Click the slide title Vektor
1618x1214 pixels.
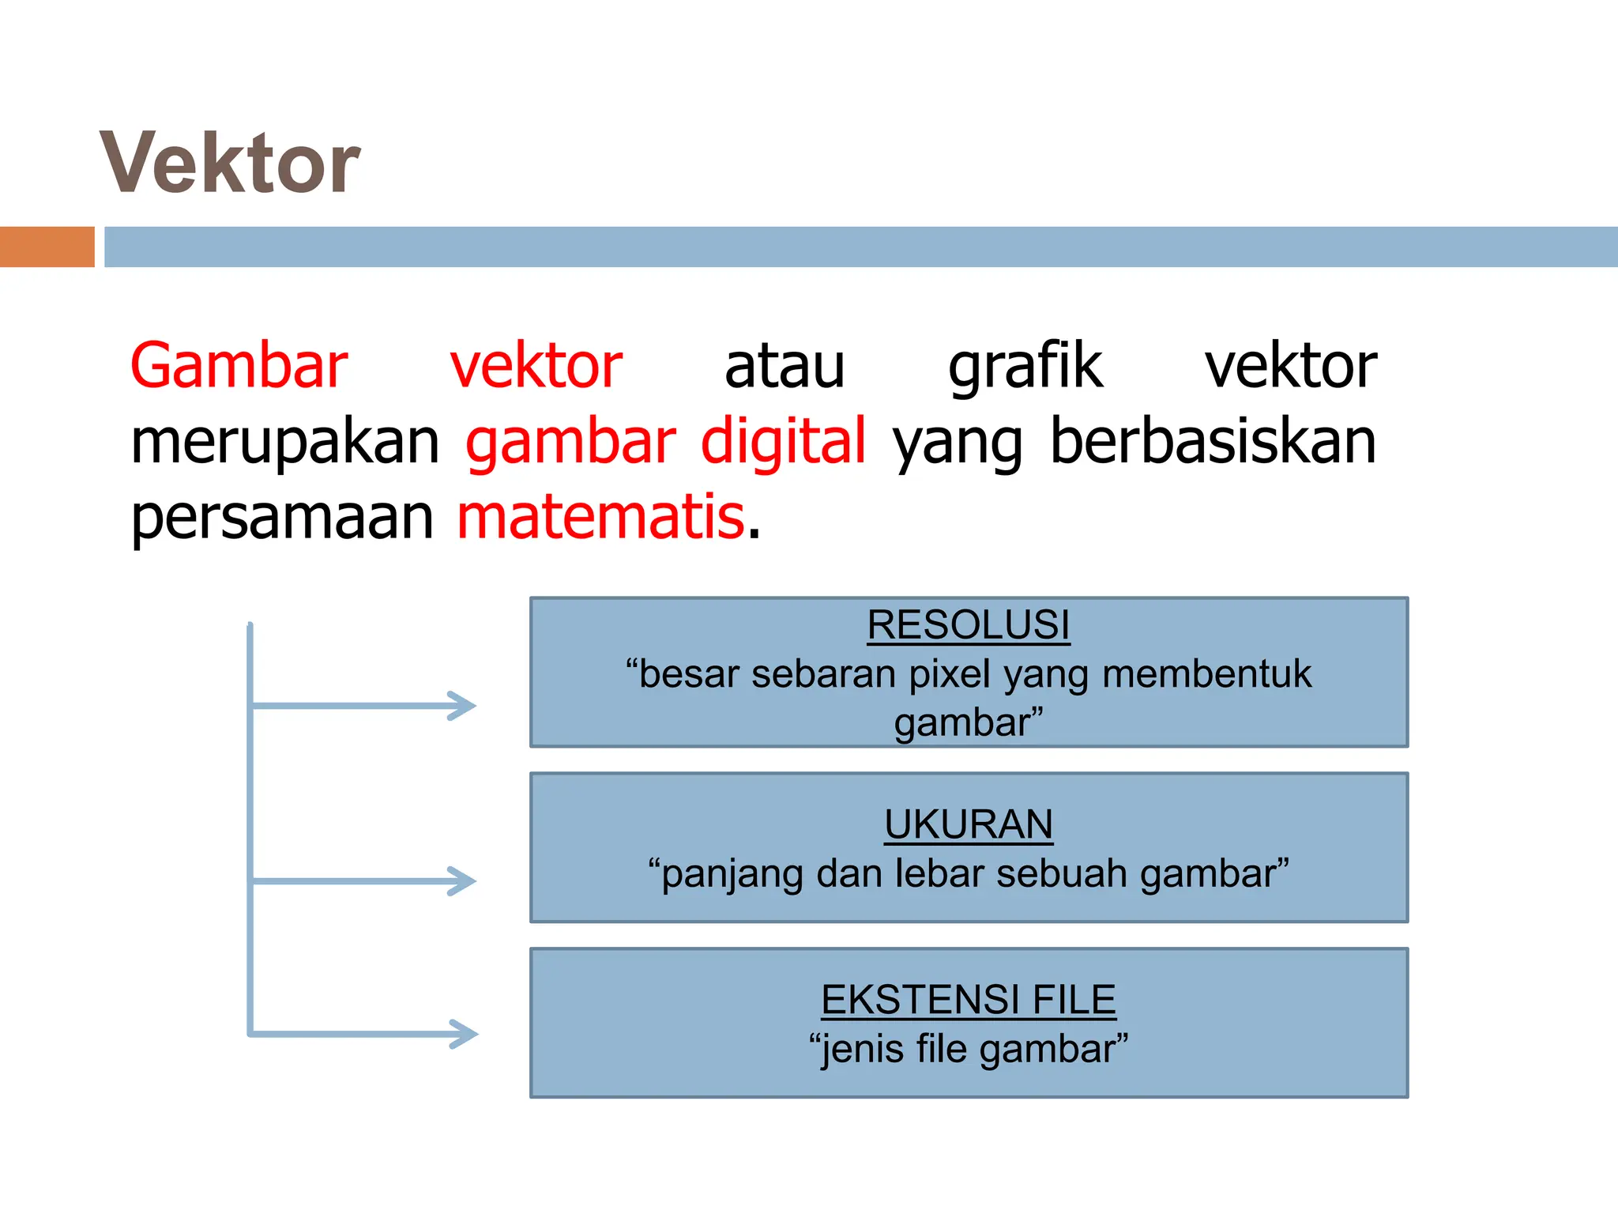pos(230,164)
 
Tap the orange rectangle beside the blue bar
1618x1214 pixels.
pos(47,247)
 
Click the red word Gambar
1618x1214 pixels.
pos(239,366)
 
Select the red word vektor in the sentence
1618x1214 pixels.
pos(536,366)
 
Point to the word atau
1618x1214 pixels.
pos(785,366)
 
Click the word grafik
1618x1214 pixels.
pos(1025,366)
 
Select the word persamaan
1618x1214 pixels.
pos(282,517)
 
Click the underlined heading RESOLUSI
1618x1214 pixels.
pos(968,625)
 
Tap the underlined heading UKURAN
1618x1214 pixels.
pos(968,824)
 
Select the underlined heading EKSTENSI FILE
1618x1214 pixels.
pos(968,1000)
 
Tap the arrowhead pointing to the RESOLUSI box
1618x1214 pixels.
pos(463,706)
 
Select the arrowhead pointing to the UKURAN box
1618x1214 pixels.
pos(463,880)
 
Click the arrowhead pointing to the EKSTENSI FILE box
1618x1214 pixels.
pos(465,1034)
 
